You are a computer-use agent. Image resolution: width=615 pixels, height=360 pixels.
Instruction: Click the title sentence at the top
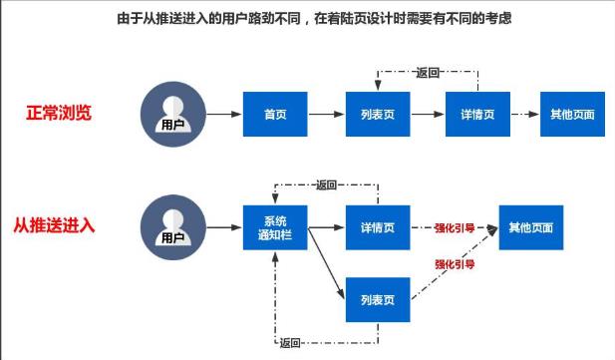tap(307, 17)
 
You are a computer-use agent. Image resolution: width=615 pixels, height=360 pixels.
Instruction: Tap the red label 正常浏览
tap(59, 112)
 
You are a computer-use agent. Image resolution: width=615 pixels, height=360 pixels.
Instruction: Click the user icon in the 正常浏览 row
tap(173, 113)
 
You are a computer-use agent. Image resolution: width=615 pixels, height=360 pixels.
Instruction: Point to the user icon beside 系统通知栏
tap(173, 227)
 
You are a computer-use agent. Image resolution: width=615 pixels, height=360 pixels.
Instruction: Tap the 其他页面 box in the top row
tap(572, 114)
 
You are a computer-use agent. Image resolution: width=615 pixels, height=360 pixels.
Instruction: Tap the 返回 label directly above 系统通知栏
tap(327, 184)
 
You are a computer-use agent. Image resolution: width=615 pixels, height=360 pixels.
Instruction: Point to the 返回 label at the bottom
tap(290, 344)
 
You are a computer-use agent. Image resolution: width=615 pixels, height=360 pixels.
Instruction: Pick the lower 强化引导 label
tap(454, 264)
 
